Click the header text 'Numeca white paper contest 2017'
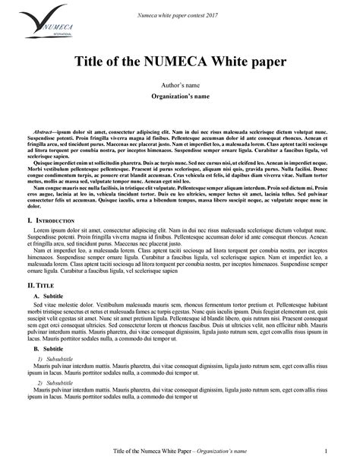[x=180, y=14]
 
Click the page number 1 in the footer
[x=326, y=452]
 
